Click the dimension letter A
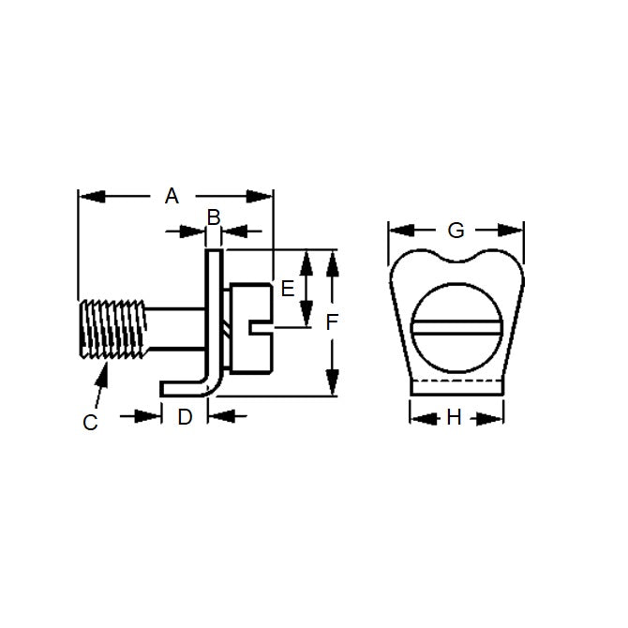pos(172,196)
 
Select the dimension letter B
pos(213,217)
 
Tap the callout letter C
pos(90,423)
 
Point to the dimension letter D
pos(185,417)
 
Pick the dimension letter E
pos(288,288)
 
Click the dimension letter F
pos(331,322)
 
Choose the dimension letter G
pos(456,230)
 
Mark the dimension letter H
pos(455,418)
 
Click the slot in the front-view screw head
pos(456,328)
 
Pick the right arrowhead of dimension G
pos(514,230)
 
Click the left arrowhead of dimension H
pos(416,418)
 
